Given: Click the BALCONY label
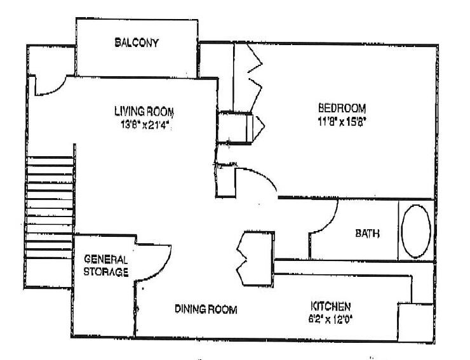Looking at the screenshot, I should [137, 43].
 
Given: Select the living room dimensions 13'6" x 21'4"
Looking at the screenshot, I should [140, 123].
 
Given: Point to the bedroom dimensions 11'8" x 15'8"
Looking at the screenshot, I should [343, 120].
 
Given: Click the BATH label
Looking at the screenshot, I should [367, 233].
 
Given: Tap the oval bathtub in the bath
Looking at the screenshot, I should [416, 230].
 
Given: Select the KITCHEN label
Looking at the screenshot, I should [330, 305].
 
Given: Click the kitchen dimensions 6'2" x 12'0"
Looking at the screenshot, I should [330, 317].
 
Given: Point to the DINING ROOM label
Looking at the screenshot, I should [206, 309].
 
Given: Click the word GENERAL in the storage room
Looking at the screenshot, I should [106, 260].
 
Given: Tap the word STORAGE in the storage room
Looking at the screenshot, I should [106, 272].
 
